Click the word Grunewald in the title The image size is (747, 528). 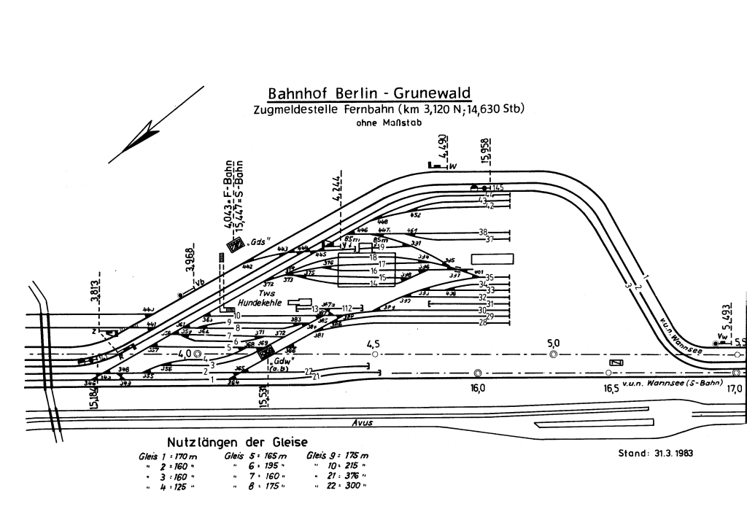click(431, 94)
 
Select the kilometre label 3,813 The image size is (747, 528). click(95, 290)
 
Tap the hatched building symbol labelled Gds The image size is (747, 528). click(235, 245)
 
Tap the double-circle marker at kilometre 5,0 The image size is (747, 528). click(553, 354)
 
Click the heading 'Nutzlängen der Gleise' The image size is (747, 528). click(237, 443)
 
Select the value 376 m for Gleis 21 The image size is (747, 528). click(353, 475)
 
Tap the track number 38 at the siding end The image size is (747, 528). click(483, 232)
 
